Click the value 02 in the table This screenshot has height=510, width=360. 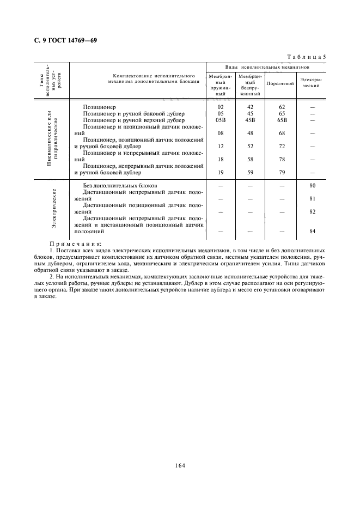point(221,107)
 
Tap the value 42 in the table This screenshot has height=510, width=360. point(251,107)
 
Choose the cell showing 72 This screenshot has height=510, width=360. point(282,146)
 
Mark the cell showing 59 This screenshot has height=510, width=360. point(251,172)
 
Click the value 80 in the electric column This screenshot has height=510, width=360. point(313,186)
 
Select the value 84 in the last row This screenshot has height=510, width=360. point(313,231)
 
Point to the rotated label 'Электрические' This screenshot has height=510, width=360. point(54,209)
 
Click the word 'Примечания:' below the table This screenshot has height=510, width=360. point(72,244)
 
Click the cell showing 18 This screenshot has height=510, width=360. point(221,159)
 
